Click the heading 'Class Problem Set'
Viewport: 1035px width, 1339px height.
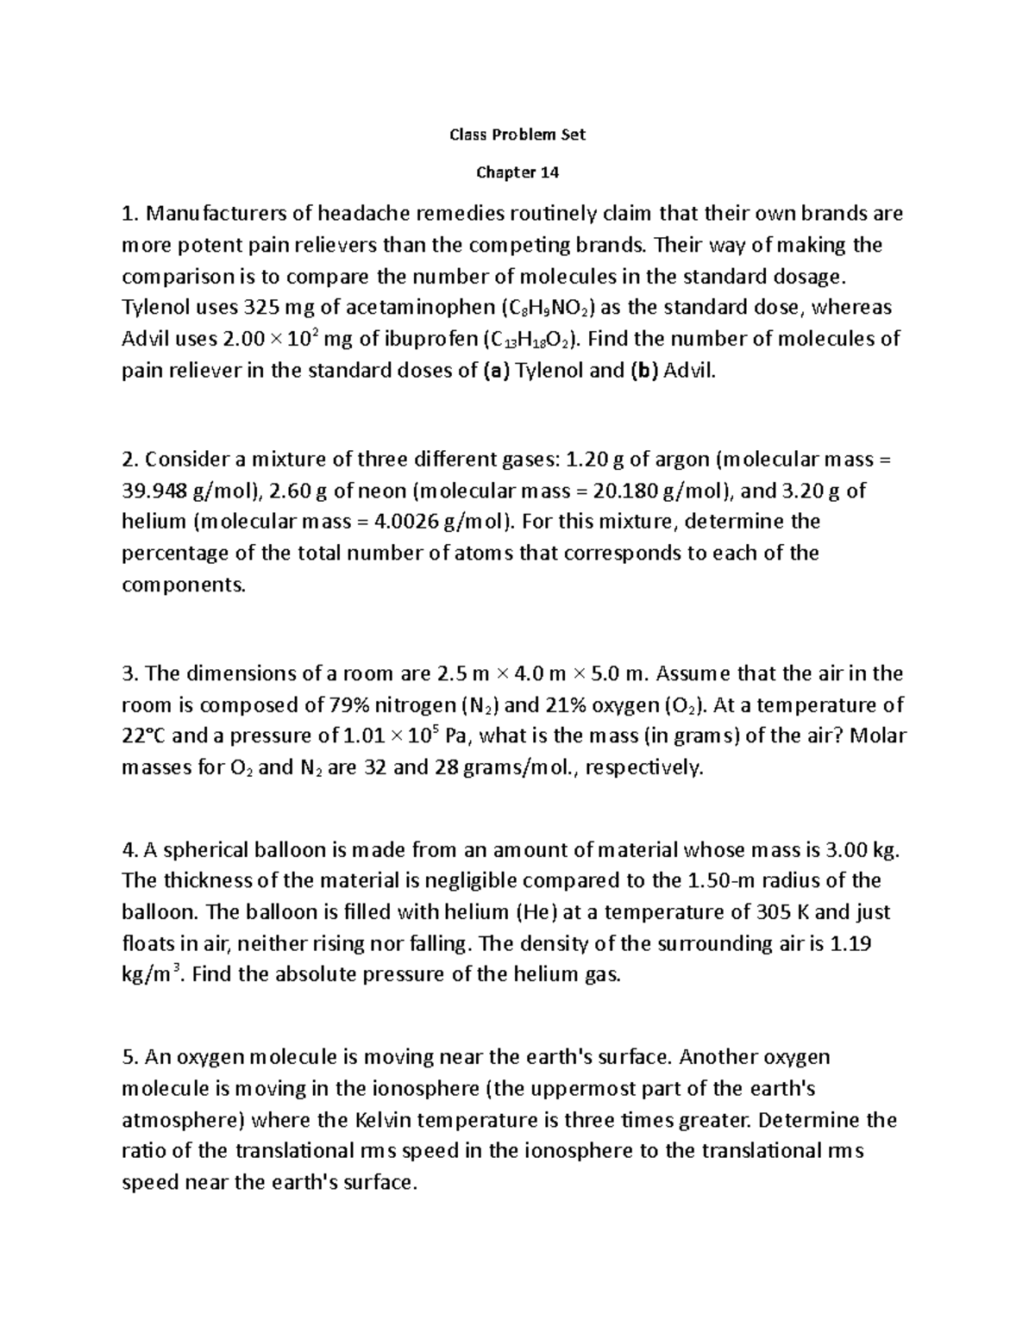[x=517, y=135]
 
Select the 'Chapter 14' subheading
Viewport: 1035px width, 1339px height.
[x=517, y=172]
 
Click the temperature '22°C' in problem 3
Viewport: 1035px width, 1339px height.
[x=146, y=736]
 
